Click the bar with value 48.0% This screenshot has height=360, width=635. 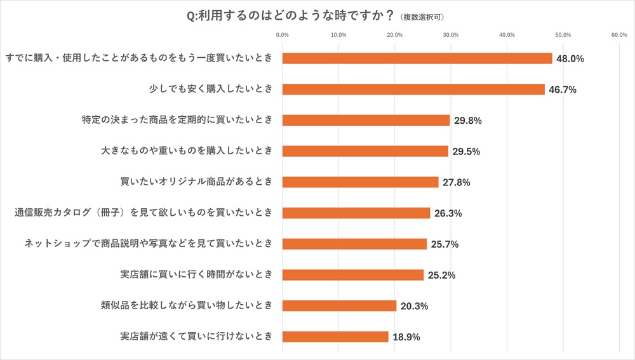pyautogui.click(x=417, y=58)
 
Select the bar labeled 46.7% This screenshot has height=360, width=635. pyautogui.click(x=413, y=90)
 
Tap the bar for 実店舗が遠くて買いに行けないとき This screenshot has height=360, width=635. pyautogui.click(x=335, y=337)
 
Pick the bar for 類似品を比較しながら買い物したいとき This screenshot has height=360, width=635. pyautogui.click(x=339, y=306)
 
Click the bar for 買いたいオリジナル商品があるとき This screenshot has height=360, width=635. pyautogui.click(x=360, y=182)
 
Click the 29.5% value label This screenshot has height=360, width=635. pyautogui.click(x=466, y=152)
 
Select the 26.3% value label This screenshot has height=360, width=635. pyautogui.click(x=448, y=213)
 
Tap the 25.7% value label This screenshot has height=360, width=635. pyautogui.click(x=444, y=244)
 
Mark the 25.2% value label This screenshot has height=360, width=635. pyautogui.click(x=441, y=275)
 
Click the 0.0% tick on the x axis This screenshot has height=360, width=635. pyautogui.click(x=283, y=35)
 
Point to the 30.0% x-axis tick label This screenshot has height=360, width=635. pyautogui.click(x=451, y=35)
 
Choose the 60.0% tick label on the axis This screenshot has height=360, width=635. pyautogui.click(x=619, y=35)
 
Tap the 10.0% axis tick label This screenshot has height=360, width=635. pyautogui.click(x=338, y=35)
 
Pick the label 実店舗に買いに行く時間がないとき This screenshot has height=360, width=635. pyautogui.click(x=196, y=275)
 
